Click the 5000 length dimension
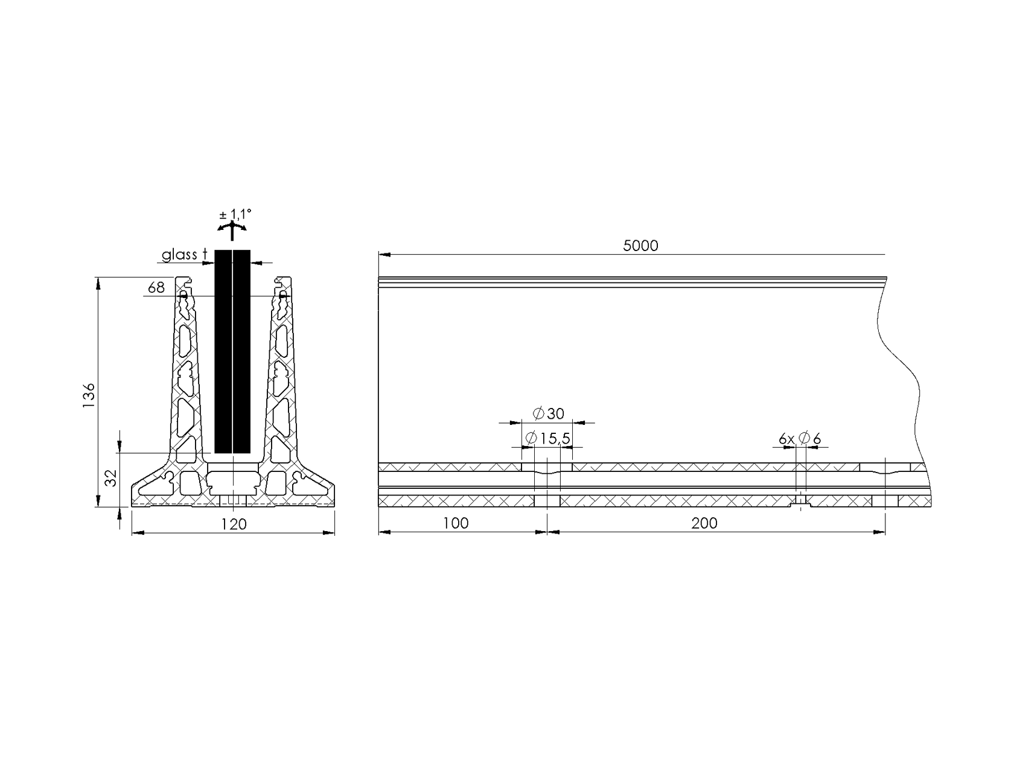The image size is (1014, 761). tap(640, 246)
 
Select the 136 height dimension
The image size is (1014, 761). tap(89, 395)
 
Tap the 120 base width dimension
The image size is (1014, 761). tap(234, 524)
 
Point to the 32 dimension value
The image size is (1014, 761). tap(110, 478)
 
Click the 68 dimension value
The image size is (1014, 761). tap(156, 288)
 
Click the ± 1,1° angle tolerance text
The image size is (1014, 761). tap(235, 214)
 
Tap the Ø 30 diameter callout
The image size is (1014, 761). tap(549, 413)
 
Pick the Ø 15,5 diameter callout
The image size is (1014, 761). tap(547, 439)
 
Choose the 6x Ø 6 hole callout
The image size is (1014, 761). tap(800, 439)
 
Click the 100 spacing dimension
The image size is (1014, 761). tap(456, 523)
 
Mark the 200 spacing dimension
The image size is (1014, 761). tap(704, 523)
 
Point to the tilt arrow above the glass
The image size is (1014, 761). tap(232, 230)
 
